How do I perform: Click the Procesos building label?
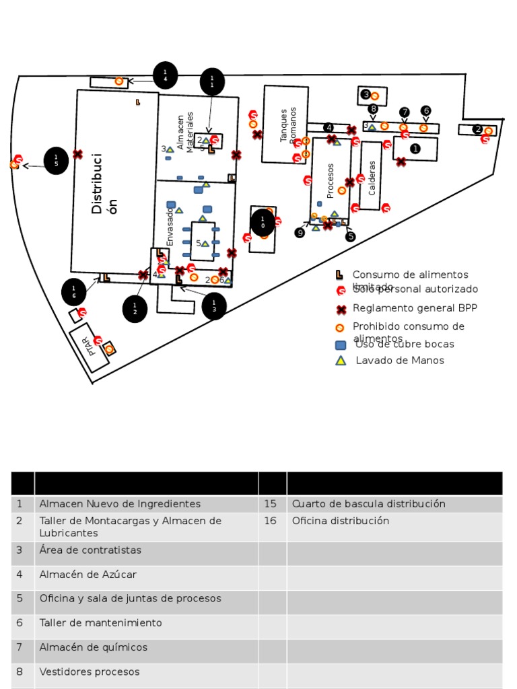pos(330,180)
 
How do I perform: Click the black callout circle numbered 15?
pos(56,160)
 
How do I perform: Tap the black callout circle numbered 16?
pos(74,292)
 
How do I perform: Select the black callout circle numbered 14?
pos(165,75)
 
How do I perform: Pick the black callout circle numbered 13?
pos(214,306)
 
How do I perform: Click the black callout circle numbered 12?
pos(135,310)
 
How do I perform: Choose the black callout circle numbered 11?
pos(212,82)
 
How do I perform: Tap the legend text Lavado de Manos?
pos(400,361)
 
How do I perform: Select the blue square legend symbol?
pos(341,345)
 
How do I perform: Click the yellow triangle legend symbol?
pos(341,361)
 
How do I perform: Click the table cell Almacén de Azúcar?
pos(88,575)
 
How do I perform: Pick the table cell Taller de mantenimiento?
pos(101,623)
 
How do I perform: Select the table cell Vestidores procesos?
pos(90,672)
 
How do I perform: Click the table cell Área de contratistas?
pos(90,550)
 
